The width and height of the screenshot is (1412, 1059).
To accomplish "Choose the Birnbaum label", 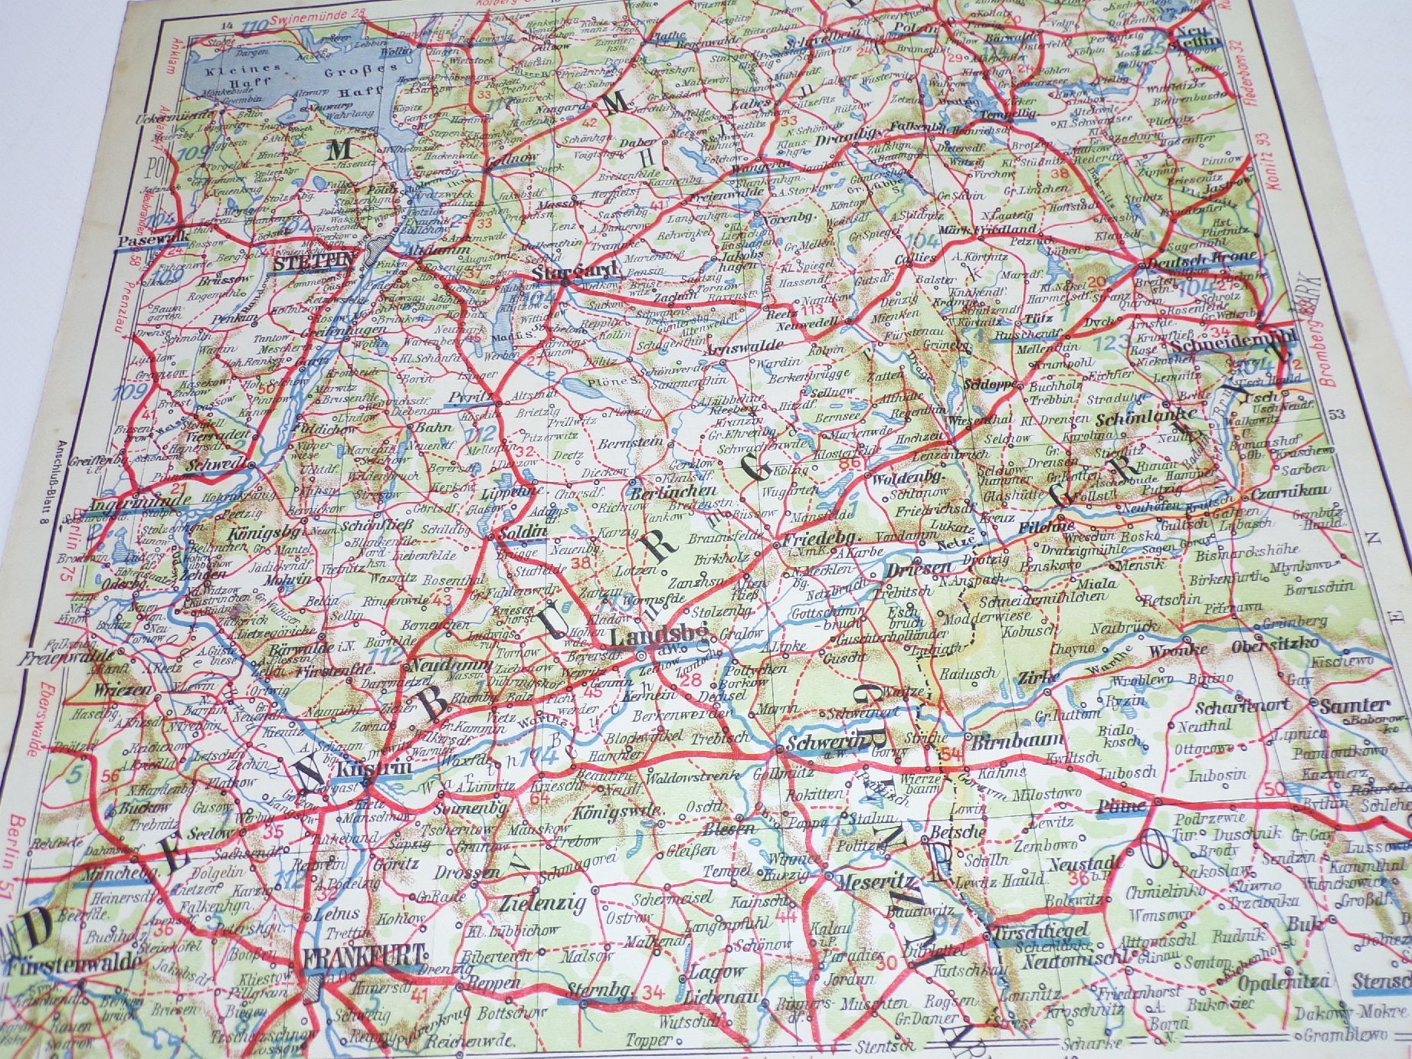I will (x=1017, y=741).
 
